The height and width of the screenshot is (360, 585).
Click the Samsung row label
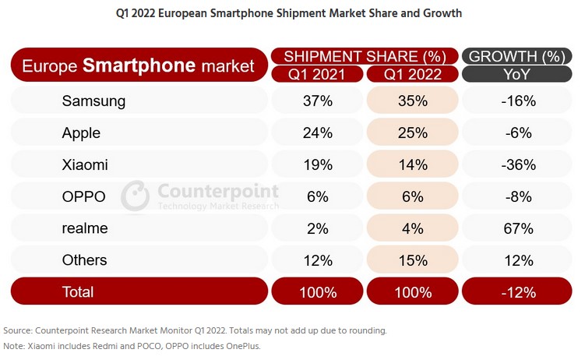click(x=93, y=101)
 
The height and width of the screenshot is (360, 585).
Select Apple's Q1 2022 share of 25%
click(x=413, y=132)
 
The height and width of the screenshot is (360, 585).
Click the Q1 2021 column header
click(x=318, y=74)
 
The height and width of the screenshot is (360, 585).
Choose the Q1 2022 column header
click(x=413, y=74)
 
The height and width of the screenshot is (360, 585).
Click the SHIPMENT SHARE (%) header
click(x=365, y=56)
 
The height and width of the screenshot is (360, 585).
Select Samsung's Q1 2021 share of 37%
click(x=318, y=101)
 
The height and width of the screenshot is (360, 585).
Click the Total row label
click(x=77, y=292)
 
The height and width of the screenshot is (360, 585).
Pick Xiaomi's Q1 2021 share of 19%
click(x=318, y=164)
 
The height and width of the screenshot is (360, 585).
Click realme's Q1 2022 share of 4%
click(x=413, y=228)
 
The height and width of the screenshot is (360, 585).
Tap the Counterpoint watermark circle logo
click(x=135, y=196)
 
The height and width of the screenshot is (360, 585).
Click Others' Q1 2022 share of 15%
click(x=413, y=260)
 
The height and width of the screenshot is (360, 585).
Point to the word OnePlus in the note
click(x=241, y=346)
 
